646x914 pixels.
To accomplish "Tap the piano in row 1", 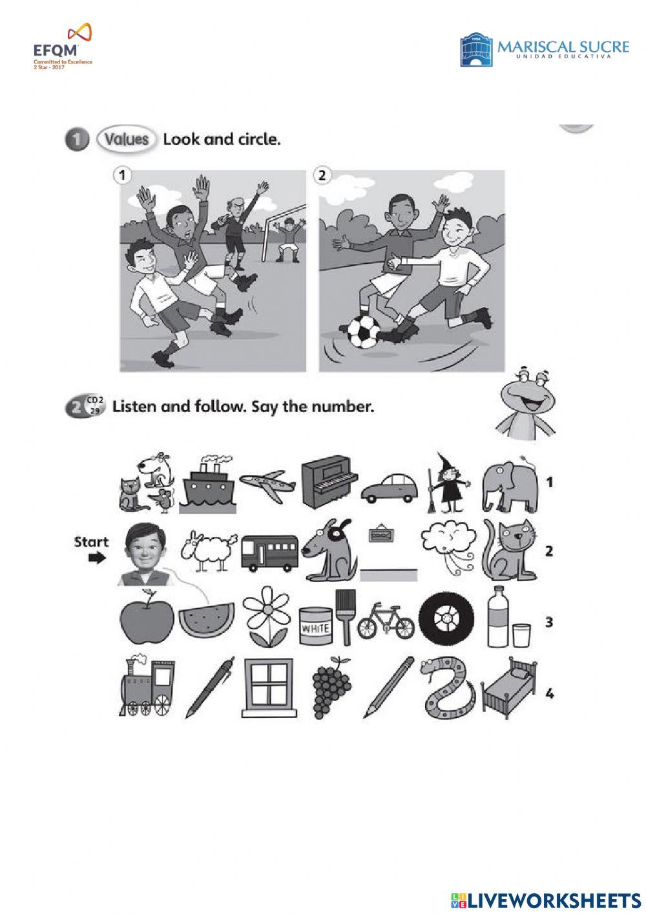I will coord(329,482).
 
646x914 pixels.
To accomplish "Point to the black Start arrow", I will coord(97,558).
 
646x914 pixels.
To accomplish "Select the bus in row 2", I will coord(269,553).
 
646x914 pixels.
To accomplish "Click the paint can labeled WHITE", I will coord(315,628).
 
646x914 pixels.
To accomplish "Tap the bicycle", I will coord(386,622).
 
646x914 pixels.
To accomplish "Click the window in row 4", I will coord(267,687).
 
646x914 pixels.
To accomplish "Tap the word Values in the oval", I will coord(127,139).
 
